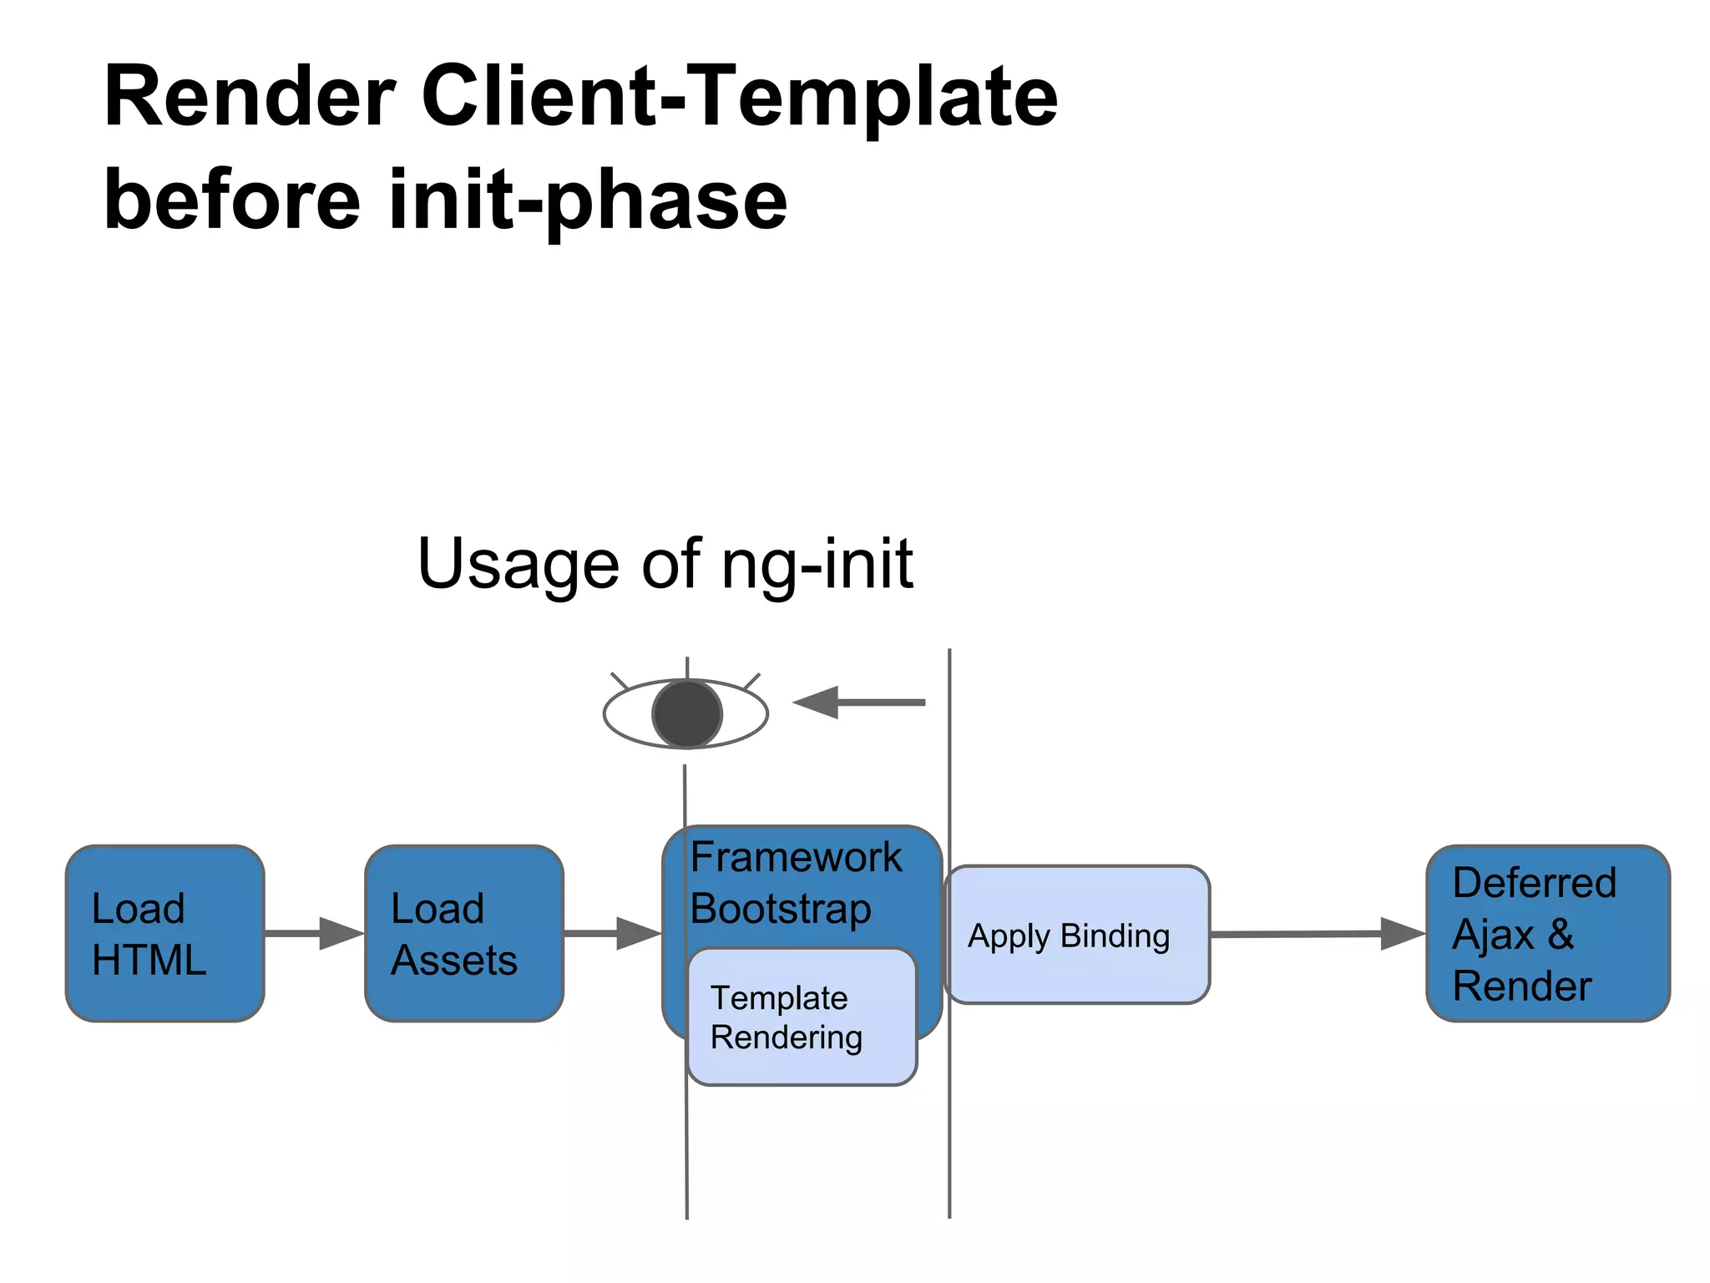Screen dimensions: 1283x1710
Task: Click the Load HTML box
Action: (x=164, y=933)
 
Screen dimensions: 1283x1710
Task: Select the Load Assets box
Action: (x=463, y=933)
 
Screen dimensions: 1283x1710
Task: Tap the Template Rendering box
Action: (x=802, y=1017)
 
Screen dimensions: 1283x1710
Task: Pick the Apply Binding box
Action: (x=1077, y=935)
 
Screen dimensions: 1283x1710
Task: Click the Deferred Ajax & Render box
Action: (x=1547, y=933)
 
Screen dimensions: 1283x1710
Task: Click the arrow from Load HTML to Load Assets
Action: (x=314, y=933)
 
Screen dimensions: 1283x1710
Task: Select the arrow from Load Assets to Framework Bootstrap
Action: (x=612, y=933)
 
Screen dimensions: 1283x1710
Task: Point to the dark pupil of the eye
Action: (x=686, y=714)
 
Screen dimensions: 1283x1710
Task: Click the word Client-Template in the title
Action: (x=739, y=98)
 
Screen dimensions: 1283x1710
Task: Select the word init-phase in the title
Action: (x=588, y=200)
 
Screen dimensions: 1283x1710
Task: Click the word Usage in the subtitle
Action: (x=518, y=564)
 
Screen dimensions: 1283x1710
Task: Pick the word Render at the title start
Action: (x=249, y=98)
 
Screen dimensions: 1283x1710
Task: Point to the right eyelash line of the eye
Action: (x=751, y=681)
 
